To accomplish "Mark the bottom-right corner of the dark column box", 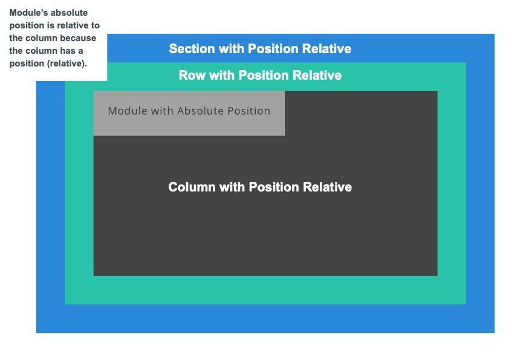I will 436,275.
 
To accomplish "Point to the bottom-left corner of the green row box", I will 65,304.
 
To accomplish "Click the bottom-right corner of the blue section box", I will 494,332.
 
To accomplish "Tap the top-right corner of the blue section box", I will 494,34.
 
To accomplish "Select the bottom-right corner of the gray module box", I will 284,135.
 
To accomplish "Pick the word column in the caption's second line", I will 39,38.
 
